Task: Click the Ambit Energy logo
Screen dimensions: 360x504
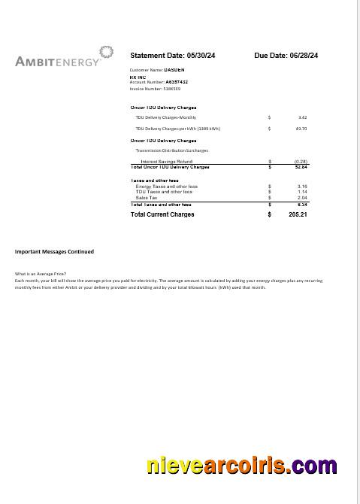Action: pos(64,57)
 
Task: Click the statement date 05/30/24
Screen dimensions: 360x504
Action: pos(198,56)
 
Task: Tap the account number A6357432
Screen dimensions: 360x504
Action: pos(177,82)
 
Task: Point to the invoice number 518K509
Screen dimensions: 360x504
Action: pos(167,89)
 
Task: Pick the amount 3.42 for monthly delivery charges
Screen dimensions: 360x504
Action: pos(302,117)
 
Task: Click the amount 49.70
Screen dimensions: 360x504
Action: pos(301,129)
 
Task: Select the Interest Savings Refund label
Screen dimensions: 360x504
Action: pos(166,161)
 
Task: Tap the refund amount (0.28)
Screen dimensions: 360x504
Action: pos(301,161)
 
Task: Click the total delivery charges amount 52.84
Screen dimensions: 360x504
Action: pos(301,167)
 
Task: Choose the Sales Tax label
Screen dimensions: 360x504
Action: pos(147,198)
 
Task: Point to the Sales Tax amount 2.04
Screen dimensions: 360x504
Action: pos(302,198)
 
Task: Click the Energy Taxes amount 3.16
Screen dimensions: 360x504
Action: pos(302,187)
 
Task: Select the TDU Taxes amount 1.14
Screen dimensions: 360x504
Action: pos(302,192)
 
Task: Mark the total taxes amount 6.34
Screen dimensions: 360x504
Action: pos(302,205)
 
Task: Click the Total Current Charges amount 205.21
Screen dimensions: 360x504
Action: pos(298,214)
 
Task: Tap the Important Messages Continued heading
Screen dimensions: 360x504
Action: pos(54,251)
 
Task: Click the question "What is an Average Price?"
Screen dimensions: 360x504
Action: pos(41,274)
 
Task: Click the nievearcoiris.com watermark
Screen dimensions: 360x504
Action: pos(241,466)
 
